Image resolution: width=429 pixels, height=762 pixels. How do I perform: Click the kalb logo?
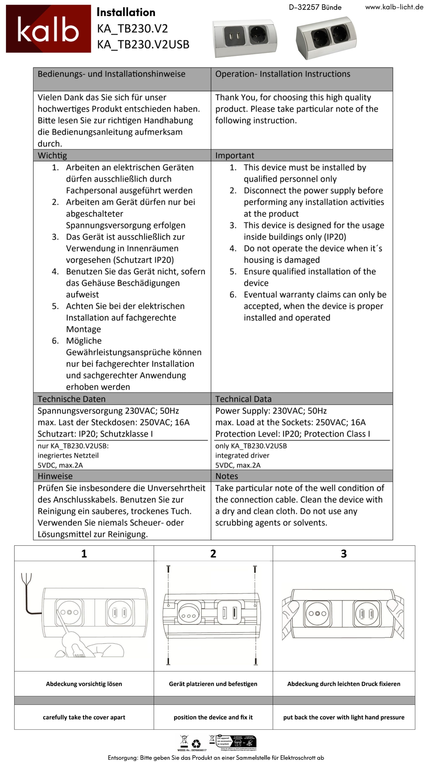48,29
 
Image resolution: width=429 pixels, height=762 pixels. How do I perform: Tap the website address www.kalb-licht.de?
394,7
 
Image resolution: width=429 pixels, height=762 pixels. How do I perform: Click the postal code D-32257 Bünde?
315,7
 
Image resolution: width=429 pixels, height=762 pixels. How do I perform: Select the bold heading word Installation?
126,12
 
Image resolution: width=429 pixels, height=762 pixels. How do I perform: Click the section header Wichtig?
52,155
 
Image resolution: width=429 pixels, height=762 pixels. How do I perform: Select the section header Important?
234,155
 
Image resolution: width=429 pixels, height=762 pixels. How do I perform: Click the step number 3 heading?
344,554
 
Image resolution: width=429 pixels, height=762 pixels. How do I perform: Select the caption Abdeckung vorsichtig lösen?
84,684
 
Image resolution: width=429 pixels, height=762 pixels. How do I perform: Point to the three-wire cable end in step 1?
26,578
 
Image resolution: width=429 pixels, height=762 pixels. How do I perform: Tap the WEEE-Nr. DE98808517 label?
191,750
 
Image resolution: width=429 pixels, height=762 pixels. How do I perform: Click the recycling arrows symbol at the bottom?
196,744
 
